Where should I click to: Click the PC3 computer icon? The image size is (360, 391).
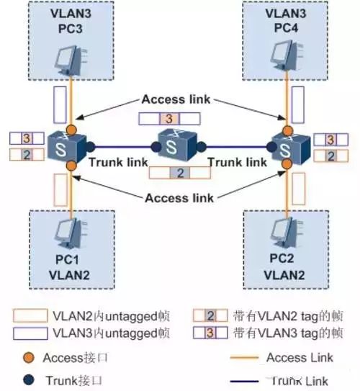tap(71, 61)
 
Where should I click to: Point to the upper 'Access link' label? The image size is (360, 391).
tap(176, 100)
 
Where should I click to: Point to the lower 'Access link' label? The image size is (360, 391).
tap(178, 197)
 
